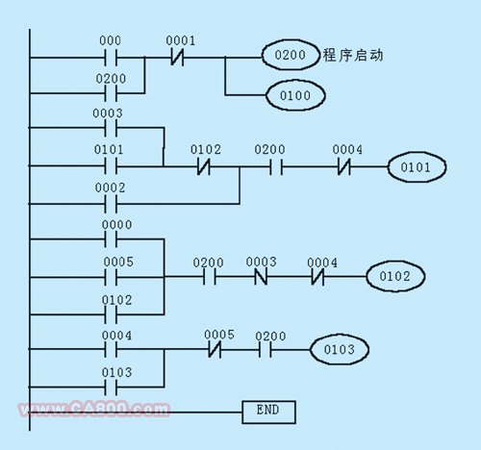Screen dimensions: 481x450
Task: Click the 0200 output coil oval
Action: [x=291, y=55]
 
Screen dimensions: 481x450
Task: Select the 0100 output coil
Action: [x=295, y=95]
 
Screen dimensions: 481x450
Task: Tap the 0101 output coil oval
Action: [x=417, y=167]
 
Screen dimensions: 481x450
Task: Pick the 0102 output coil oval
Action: [x=395, y=276]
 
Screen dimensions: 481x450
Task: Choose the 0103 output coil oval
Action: [x=340, y=349]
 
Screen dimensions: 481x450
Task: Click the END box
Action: [x=268, y=412]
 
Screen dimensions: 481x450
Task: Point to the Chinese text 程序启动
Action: [x=353, y=55]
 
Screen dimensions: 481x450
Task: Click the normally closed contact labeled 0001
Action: [x=177, y=58]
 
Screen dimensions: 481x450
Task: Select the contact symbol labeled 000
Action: [x=111, y=58]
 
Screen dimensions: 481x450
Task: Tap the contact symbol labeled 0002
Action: [x=111, y=204]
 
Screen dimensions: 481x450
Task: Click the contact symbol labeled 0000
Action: [x=111, y=239]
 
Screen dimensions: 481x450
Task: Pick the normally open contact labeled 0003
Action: [x=111, y=128]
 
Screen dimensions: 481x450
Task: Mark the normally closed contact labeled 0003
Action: [x=261, y=276]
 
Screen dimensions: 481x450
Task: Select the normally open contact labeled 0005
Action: [x=111, y=277]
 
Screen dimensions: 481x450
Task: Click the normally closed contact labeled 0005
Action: [x=215, y=349]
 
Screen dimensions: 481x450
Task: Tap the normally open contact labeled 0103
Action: [x=111, y=387]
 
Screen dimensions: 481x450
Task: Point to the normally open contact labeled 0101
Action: [x=111, y=166]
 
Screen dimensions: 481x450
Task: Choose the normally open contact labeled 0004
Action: [x=111, y=349]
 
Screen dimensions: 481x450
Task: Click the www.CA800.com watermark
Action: [x=94, y=409]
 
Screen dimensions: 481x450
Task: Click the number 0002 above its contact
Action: [x=110, y=187]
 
